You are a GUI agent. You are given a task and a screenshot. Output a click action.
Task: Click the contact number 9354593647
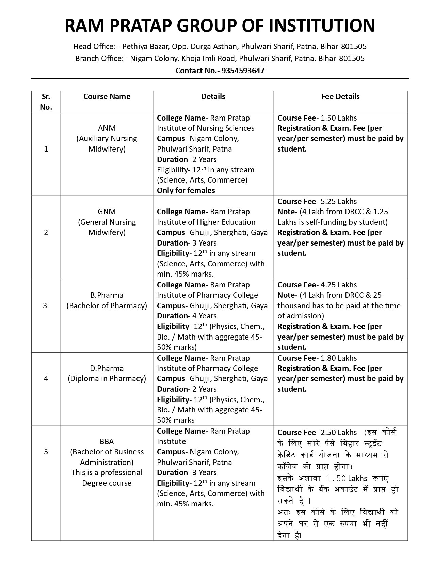coord(243,71)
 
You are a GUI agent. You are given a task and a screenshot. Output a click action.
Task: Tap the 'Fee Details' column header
coord(340,97)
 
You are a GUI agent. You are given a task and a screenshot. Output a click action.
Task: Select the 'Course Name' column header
coord(107,97)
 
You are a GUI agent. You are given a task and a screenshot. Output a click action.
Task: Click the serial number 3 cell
coord(46,306)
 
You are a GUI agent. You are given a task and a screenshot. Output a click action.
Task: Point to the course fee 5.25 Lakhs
coord(339,201)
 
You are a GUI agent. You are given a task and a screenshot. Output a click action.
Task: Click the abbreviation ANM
coord(107,128)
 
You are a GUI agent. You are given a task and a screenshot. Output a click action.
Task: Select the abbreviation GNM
coord(107,212)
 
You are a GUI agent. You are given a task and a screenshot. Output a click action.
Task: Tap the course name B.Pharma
coord(107,295)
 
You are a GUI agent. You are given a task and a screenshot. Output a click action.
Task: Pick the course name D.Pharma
coord(107,368)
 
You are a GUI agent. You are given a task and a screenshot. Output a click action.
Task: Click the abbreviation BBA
coord(107,441)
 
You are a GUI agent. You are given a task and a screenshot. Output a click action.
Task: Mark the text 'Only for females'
coord(186,190)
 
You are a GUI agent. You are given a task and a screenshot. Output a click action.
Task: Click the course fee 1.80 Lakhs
coord(339,358)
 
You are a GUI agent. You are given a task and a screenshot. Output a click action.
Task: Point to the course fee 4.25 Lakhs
coord(339,285)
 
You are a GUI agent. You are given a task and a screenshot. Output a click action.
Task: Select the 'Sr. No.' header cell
coord(46,102)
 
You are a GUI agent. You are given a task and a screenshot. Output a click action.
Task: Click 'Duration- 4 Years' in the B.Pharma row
coord(187,316)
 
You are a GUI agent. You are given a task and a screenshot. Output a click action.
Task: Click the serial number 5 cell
coord(46,452)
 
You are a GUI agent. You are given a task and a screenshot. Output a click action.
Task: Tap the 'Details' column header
coord(213,97)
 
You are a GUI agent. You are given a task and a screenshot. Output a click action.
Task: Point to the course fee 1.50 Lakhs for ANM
coord(339,118)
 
